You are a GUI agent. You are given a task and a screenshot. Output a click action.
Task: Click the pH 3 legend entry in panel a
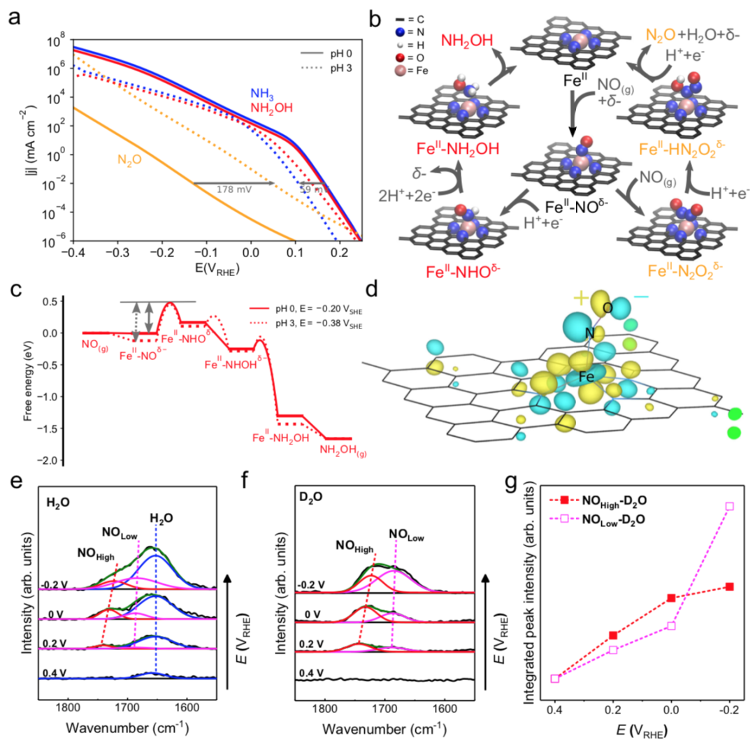click(x=328, y=67)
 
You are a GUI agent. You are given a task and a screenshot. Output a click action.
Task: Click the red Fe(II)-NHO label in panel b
click(x=455, y=266)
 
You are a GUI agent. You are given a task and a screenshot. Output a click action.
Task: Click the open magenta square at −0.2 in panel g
click(x=731, y=506)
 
